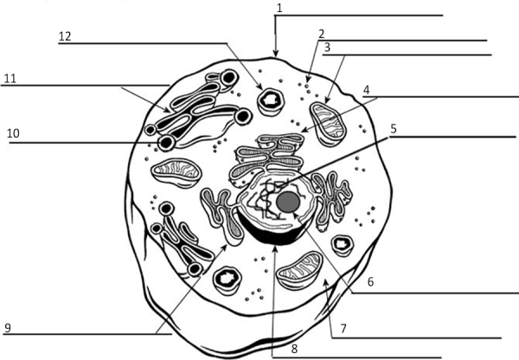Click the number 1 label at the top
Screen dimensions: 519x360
pyautogui.click(x=279, y=9)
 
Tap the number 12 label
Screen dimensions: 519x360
pyautogui.click(x=65, y=36)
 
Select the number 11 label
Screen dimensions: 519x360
pyautogui.click(x=10, y=79)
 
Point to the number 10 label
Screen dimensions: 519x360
pyautogui.click(x=13, y=133)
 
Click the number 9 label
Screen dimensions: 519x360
pyautogui.click(x=8, y=328)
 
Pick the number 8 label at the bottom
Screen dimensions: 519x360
pyautogui.click(x=294, y=349)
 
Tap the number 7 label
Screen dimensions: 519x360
pyautogui.click(x=343, y=329)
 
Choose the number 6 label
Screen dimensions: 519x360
pyautogui.click(x=371, y=282)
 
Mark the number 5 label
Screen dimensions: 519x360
pyautogui.click(x=394, y=129)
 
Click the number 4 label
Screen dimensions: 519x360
pyautogui.click(x=367, y=90)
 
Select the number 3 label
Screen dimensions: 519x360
pyautogui.click(x=327, y=48)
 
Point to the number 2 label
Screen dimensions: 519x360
pyautogui.click(x=322, y=34)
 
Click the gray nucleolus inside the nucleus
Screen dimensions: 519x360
pyautogui.click(x=288, y=202)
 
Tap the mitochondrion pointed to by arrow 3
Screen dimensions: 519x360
pyautogui.click(x=328, y=125)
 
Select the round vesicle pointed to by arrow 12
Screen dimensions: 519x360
pyautogui.click(x=271, y=102)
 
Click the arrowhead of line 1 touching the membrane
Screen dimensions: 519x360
pyautogui.click(x=276, y=53)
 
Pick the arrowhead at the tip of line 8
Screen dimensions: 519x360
pyautogui.click(x=275, y=248)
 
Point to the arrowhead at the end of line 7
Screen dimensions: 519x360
pyautogui.click(x=326, y=282)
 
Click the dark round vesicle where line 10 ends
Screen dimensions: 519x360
pyautogui.click(x=166, y=143)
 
